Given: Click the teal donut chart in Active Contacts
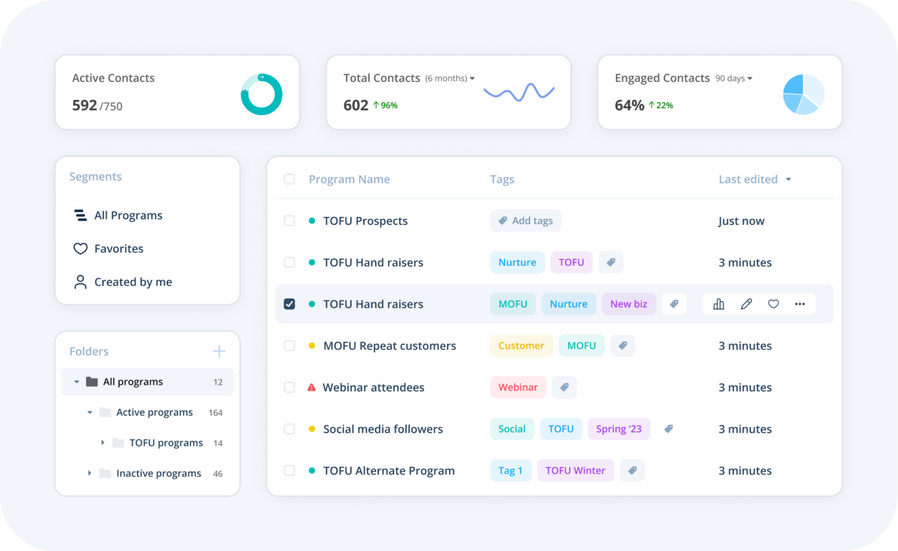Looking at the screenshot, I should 261,94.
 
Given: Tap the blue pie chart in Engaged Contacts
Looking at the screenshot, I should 803,94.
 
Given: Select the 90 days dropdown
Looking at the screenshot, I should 734,78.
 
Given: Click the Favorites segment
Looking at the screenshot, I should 119,249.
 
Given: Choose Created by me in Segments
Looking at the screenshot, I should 133,282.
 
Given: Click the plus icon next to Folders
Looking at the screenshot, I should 219,351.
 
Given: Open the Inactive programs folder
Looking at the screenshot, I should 158,473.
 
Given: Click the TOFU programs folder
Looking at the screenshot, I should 165,443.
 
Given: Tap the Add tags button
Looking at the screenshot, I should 526,221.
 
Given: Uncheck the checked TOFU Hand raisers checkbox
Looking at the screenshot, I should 289,304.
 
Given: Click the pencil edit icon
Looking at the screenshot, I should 746,304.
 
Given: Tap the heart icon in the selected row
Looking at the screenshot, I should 773,304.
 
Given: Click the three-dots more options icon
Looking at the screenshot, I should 800,304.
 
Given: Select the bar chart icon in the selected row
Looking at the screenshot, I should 719,304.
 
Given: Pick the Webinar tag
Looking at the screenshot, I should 518,387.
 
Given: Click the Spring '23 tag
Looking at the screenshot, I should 619,429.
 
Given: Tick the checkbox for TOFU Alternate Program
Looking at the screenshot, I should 289,470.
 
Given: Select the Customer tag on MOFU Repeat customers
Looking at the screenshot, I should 521,346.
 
